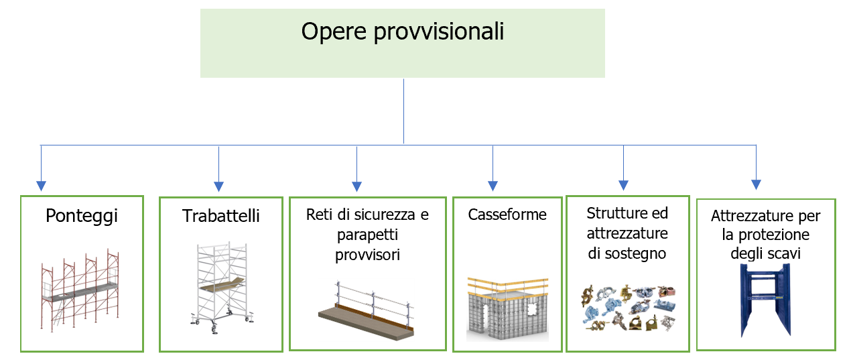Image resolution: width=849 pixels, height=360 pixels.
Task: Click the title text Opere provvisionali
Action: click(402, 32)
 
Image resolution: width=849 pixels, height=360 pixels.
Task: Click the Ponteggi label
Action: click(82, 216)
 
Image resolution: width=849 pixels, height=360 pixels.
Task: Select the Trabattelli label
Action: click(220, 216)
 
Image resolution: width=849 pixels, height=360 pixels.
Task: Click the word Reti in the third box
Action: click(319, 215)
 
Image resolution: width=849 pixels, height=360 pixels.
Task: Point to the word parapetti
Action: click(367, 235)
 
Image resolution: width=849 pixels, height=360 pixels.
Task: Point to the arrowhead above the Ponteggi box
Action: click(42, 185)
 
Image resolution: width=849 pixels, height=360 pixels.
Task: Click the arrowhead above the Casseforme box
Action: click(493, 185)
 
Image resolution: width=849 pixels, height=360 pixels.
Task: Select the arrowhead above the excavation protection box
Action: click(757, 184)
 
